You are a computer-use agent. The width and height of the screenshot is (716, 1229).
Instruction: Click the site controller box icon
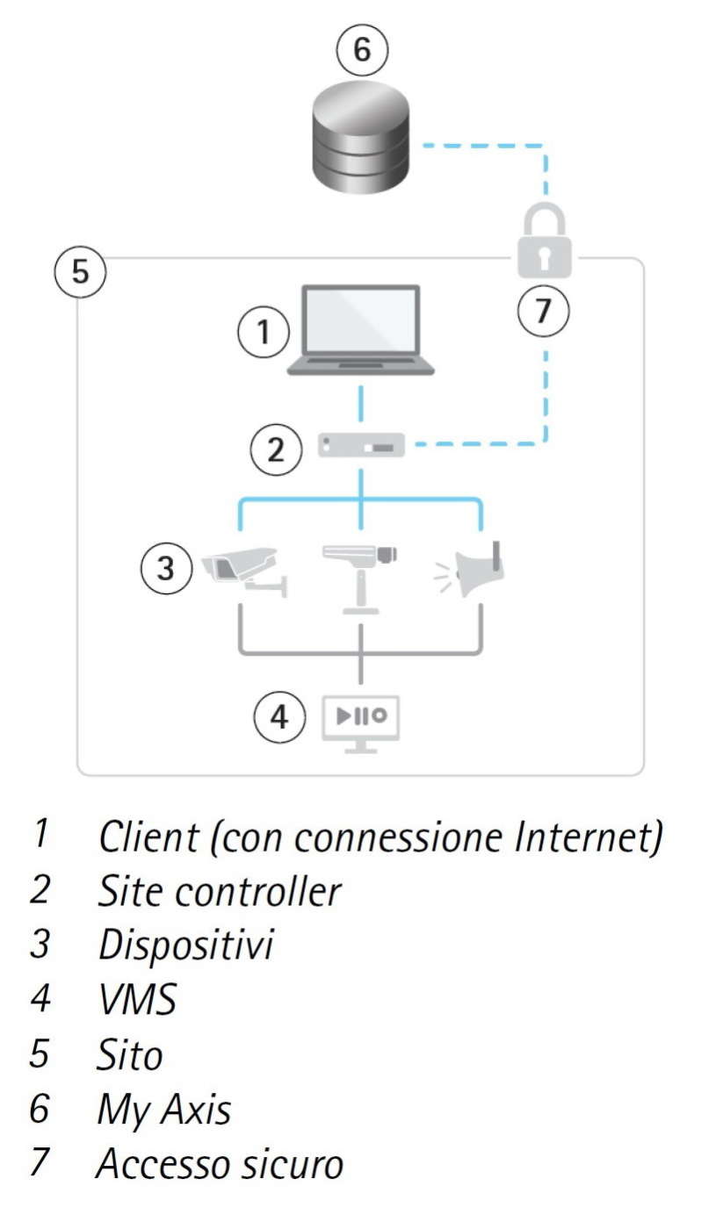[x=361, y=447]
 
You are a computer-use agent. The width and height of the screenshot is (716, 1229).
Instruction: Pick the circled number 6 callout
[x=361, y=50]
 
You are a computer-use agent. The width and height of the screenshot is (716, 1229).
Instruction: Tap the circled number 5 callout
[x=80, y=271]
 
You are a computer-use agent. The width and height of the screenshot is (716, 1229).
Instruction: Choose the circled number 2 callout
[x=276, y=450]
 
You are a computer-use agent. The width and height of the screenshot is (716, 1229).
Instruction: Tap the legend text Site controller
[x=219, y=891]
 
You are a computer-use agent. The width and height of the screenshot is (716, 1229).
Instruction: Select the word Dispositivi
[x=185, y=945]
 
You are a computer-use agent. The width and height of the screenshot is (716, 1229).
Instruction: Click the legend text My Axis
[x=164, y=1110]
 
